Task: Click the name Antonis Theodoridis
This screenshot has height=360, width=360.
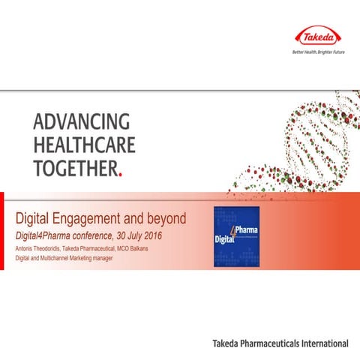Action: pos(44,249)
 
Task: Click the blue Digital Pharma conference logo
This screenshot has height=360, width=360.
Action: pos(236,234)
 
